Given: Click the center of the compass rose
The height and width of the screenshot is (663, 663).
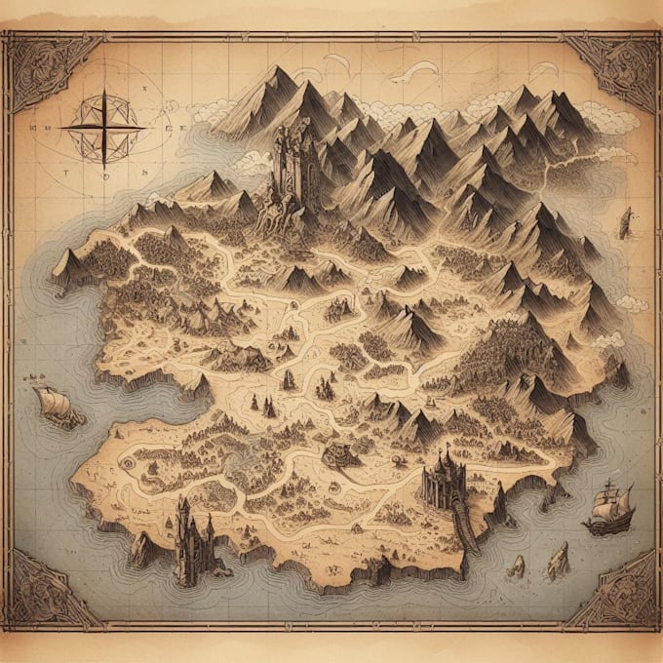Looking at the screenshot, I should point(102,127).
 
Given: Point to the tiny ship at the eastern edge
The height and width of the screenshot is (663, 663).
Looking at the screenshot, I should point(625,222).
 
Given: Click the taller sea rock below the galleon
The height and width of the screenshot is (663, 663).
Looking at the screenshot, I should point(559,560).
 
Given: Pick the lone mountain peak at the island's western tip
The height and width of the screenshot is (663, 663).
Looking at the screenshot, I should point(67,263).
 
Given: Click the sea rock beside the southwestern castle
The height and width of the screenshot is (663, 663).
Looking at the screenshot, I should point(141,551).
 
